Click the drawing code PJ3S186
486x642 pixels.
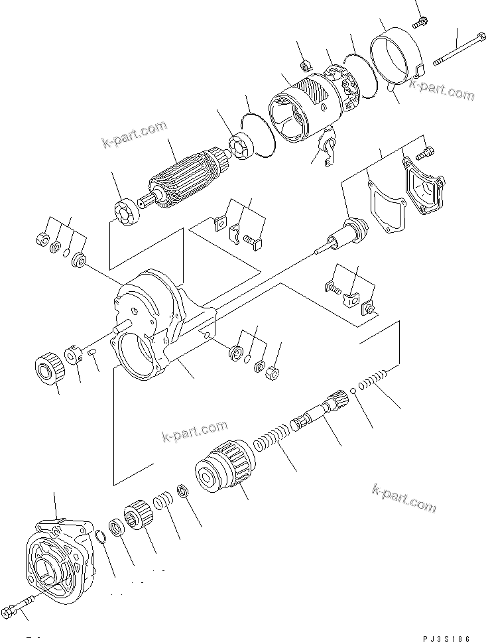tap(447, 638)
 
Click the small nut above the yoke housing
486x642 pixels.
tap(306, 65)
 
